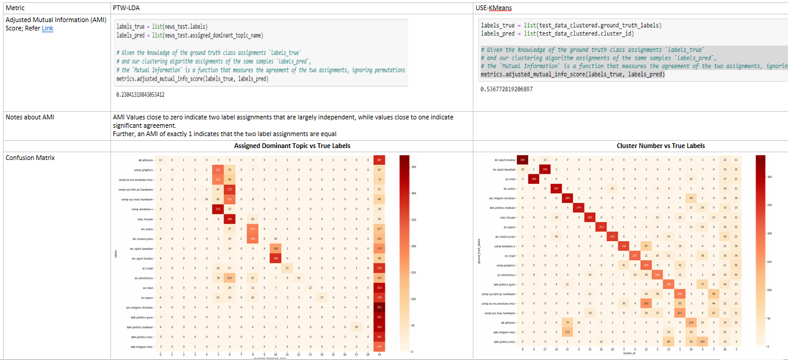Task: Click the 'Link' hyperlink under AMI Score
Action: click(x=47, y=28)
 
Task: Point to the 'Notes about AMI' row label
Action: click(x=30, y=117)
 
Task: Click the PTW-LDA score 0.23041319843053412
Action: click(x=140, y=95)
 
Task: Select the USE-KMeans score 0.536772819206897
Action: click(x=506, y=90)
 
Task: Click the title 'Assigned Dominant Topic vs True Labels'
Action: click(x=292, y=146)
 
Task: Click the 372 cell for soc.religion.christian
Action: click(x=379, y=307)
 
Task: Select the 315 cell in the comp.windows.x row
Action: click(x=218, y=208)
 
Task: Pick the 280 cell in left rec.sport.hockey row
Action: click(x=275, y=258)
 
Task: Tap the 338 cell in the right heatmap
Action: click(x=522, y=159)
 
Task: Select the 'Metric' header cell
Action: click(x=14, y=8)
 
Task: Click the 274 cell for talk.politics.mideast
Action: click(x=579, y=207)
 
